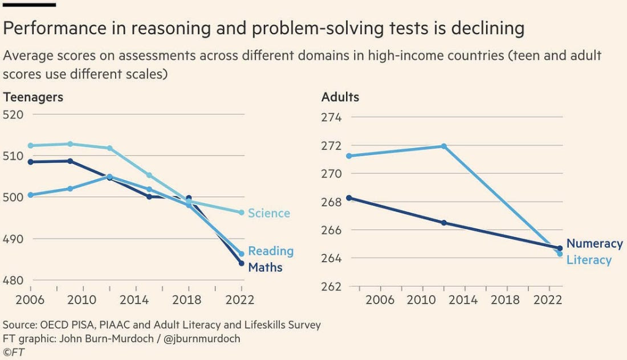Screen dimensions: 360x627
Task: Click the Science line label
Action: [269, 213]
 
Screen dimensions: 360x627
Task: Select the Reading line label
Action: [271, 251]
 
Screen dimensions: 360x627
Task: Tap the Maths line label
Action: [265, 268]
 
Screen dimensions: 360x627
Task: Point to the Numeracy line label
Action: [595, 244]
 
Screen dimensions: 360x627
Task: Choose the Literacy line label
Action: [589, 260]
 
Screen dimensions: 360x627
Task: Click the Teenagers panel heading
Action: [33, 97]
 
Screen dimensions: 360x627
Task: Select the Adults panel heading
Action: [340, 97]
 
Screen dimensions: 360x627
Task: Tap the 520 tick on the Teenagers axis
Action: [13, 114]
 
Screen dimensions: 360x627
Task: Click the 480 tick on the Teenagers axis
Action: [13, 280]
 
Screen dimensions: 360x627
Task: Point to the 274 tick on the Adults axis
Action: [331, 118]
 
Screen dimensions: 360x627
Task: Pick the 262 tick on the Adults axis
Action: [331, 287]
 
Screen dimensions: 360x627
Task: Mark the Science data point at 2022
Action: [242, 212]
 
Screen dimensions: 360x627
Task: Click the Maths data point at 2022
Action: [242, 263]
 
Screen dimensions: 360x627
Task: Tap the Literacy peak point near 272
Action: [444, 146]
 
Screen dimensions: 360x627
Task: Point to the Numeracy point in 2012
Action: [444, 223]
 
